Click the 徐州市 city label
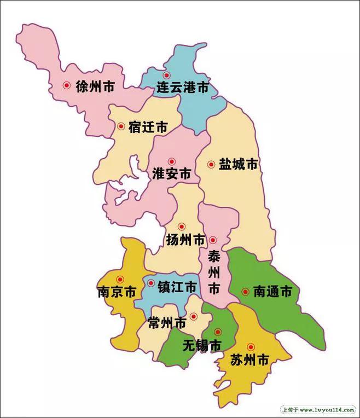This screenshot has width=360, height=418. pos(95,86)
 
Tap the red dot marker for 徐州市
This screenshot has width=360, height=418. pos(67,85)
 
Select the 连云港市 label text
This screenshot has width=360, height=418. pos(183,87)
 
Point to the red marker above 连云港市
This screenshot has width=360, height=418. pos(167,75)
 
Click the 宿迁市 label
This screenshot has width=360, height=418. pos(148,127)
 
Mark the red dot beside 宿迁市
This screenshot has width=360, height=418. pos(121,126)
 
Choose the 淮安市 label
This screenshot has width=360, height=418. pos(171,175)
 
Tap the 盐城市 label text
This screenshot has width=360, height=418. pos(238,164)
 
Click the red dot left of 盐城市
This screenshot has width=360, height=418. pos(211,164)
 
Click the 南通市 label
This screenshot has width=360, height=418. pos(272,292)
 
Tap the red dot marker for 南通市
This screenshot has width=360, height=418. pos(245,292)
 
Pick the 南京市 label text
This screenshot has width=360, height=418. pos(117,292)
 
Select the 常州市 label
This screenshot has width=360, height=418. pos(167,324)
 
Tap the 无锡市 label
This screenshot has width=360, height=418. pos(202,346)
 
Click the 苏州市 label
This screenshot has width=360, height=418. pos(248,360)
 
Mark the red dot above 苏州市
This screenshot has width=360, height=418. pos(251,346)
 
